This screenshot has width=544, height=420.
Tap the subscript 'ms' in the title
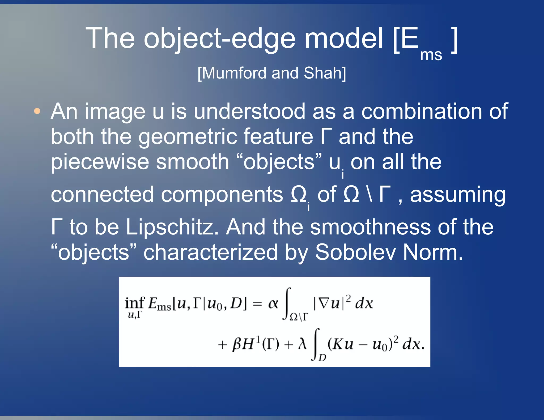coord(431,55)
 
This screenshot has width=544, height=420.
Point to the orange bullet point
coord(37,111)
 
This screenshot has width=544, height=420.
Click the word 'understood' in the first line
coord(249,112)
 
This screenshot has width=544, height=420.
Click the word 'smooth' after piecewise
coord(192,162)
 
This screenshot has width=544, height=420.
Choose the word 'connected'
coord(102,195)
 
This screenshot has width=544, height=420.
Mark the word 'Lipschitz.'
coord(172,227)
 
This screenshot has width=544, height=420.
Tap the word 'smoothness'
coord(370,227)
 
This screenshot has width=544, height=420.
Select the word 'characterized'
coord(210,252)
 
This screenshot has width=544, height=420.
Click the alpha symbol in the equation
coord(273,303)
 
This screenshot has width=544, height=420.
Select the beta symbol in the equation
coord(236,345)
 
